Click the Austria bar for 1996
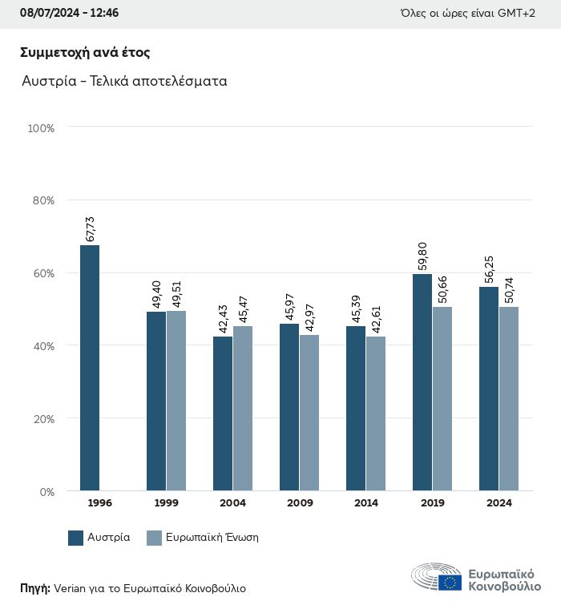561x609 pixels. coord(90,368)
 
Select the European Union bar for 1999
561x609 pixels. coord(176,401)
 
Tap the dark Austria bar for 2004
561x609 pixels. coord(223,413)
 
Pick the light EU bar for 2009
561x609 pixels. coord(309,413)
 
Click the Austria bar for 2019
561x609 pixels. coord(422,382)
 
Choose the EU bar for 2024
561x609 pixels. coord(509,398)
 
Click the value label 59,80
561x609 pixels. coord(423,257)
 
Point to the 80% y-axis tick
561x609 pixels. coord(41,200)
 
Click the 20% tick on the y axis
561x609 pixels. coord(41,419)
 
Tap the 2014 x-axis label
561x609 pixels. coord(366,503)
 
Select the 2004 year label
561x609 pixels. coord(232,503)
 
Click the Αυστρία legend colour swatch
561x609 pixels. coord(76,538)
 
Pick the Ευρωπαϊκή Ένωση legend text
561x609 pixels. coord(212,538)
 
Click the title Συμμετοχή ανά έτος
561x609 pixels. coord(86,53)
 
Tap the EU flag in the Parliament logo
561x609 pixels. coord(450,583)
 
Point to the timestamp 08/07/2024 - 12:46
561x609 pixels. coord(69,14)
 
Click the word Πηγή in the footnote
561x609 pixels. coord(35,588)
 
